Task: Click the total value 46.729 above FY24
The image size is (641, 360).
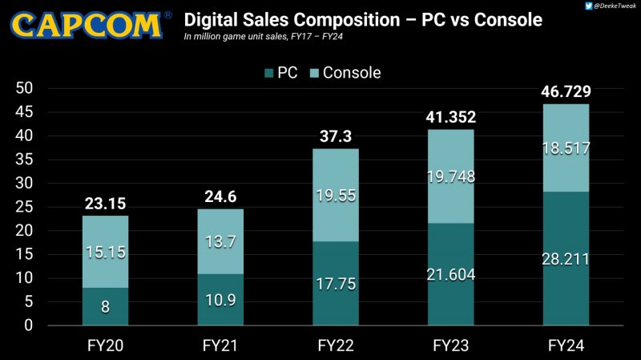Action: coord(566,91)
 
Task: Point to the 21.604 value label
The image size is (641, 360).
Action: coord(451,275)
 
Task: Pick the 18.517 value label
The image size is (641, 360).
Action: coord(566,148)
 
